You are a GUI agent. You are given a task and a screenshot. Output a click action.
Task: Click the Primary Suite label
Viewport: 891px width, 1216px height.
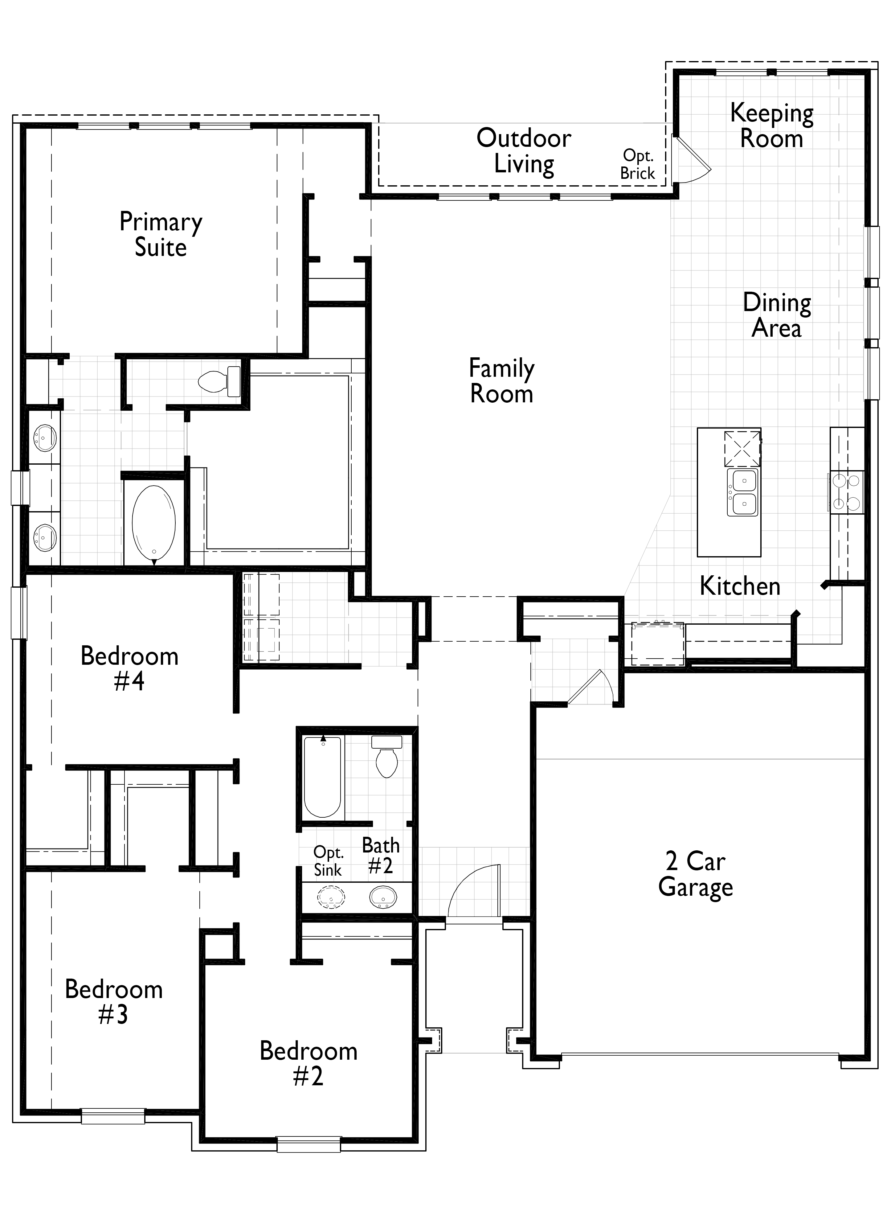pos(161,235)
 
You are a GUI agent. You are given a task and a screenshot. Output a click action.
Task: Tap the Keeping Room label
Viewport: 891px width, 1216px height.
pos(772,126)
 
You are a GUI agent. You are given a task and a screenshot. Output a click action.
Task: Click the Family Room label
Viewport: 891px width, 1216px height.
pos(502,381)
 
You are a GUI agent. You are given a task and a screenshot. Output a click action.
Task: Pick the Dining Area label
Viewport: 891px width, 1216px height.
pos(777,315)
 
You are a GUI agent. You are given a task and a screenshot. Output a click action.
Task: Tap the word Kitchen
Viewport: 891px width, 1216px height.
pos(740,586)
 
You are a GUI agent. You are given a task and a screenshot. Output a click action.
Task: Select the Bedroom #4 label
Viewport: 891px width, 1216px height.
pos(129,668)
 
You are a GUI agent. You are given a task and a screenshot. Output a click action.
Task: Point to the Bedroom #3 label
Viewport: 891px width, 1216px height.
pos(114,1001)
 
